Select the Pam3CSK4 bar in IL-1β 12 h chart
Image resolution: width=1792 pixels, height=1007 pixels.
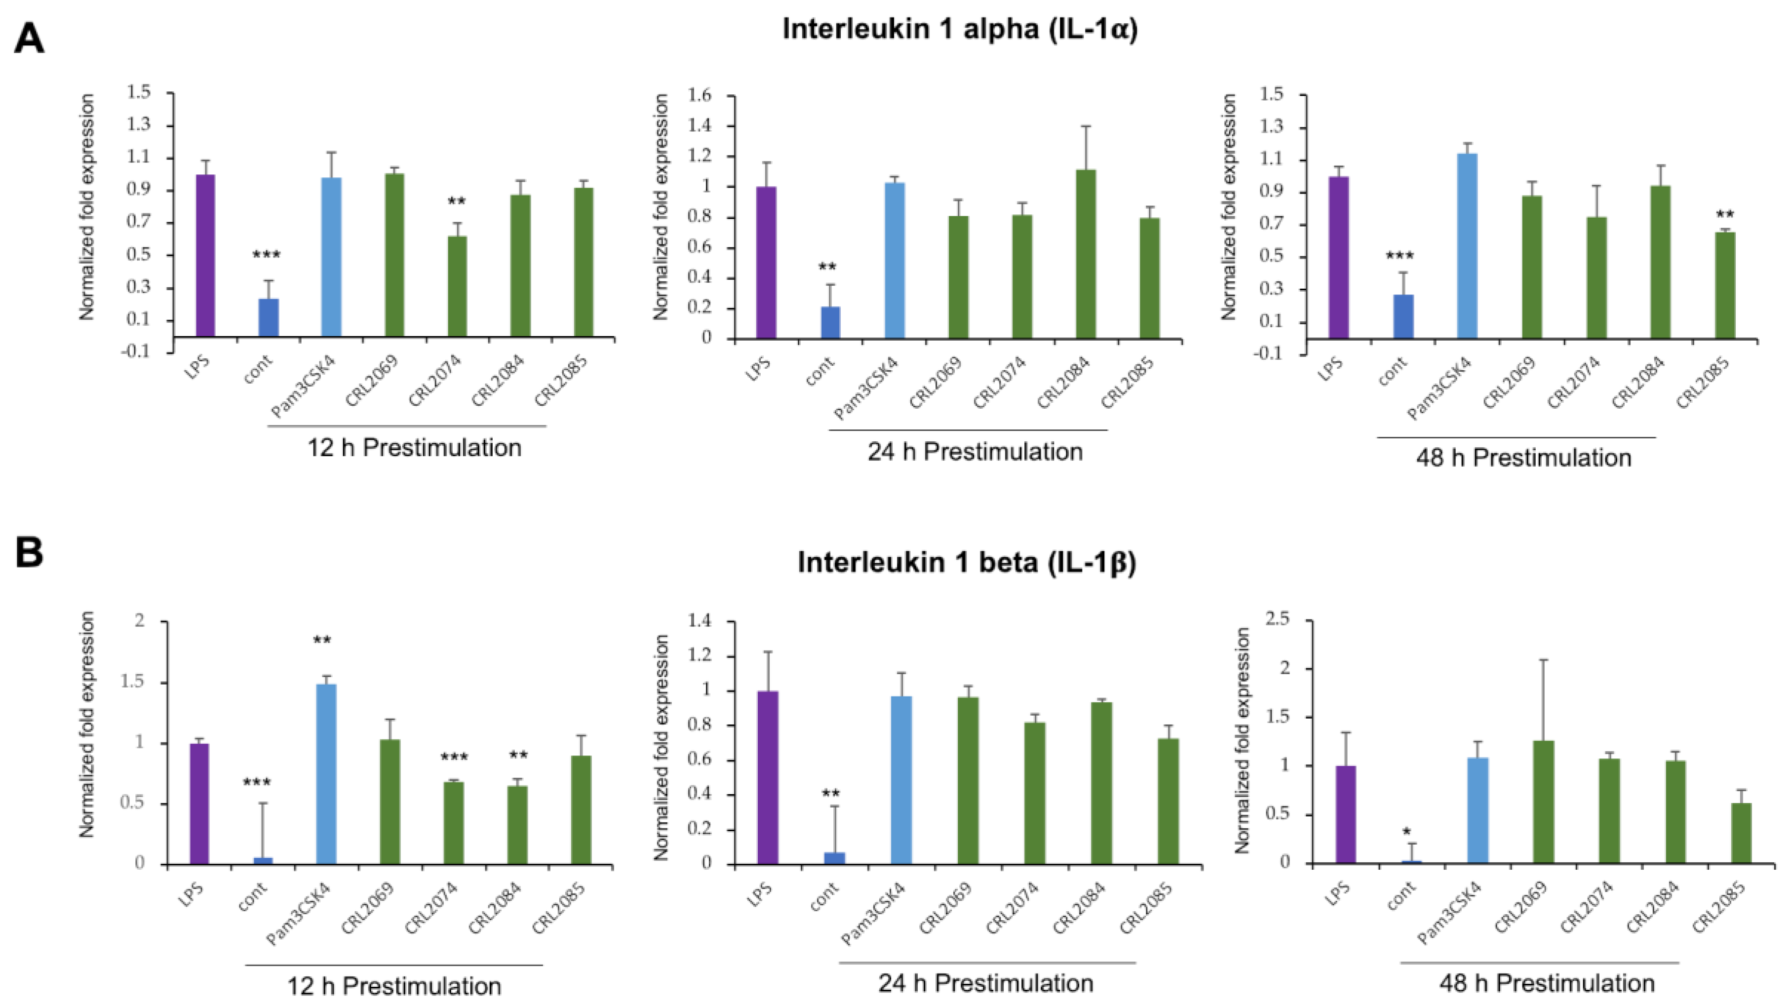tap(326, 774)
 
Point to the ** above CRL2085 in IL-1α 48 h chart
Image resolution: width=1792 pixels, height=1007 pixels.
tap(1724, 215)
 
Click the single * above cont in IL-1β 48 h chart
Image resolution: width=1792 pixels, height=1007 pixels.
tap(1406, 832)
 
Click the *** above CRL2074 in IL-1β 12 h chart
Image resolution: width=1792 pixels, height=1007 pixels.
tap(454, 757)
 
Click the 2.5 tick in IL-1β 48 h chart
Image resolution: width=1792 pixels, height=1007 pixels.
tap(1275, 619)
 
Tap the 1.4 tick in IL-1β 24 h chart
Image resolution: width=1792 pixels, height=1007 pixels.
tap(701, 620)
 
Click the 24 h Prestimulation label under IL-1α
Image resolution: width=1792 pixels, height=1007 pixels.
tap(974, 452)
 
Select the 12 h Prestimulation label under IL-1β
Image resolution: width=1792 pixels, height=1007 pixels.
tap(394, 985)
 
